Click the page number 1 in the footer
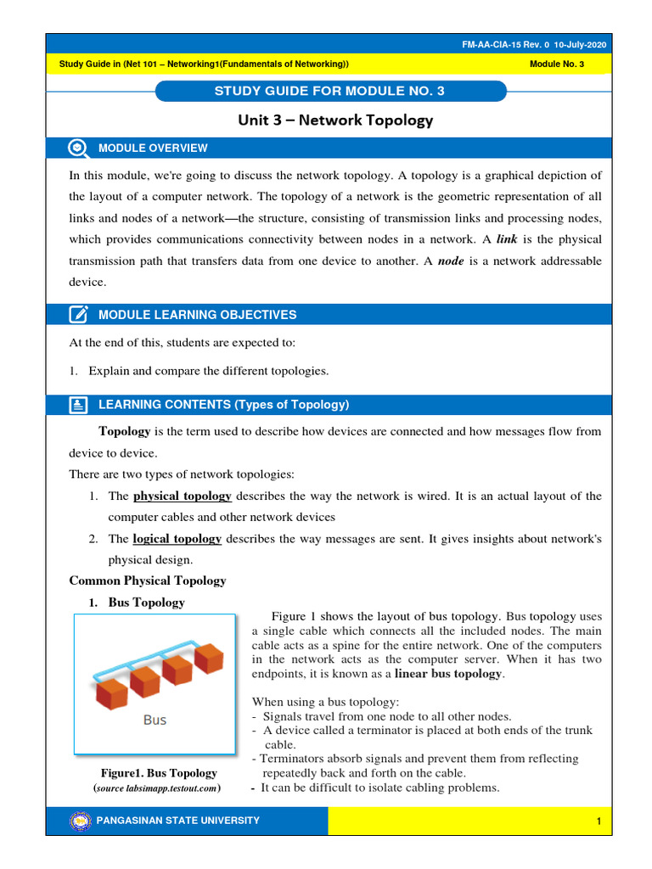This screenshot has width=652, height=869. (599, 821)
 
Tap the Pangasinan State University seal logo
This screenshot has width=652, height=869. (81, 821)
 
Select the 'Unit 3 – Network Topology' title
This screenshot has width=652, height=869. (335, 121)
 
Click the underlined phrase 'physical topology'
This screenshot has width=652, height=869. (183, 496)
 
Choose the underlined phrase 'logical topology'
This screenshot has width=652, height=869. (177, 538)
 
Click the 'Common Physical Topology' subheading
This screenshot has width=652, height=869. (147, 581)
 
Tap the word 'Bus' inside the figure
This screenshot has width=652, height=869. (155, 720)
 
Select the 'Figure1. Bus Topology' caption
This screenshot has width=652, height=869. (158, 773)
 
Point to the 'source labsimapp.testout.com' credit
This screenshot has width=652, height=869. (158, 788)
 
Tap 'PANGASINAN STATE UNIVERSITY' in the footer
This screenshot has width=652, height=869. (179, 821)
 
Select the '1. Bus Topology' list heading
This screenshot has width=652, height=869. (138, 603)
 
